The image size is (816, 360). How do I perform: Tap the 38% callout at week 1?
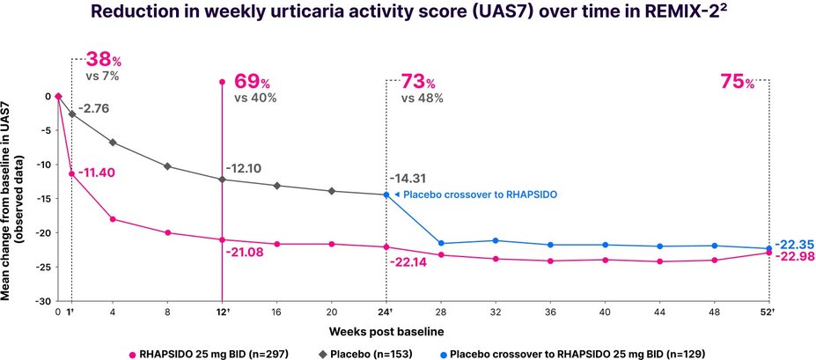103,61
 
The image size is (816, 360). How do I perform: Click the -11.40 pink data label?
98,174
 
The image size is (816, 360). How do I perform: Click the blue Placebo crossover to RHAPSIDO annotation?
474,195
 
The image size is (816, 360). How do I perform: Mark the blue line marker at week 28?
441,243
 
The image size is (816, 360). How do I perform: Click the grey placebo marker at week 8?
167,166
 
